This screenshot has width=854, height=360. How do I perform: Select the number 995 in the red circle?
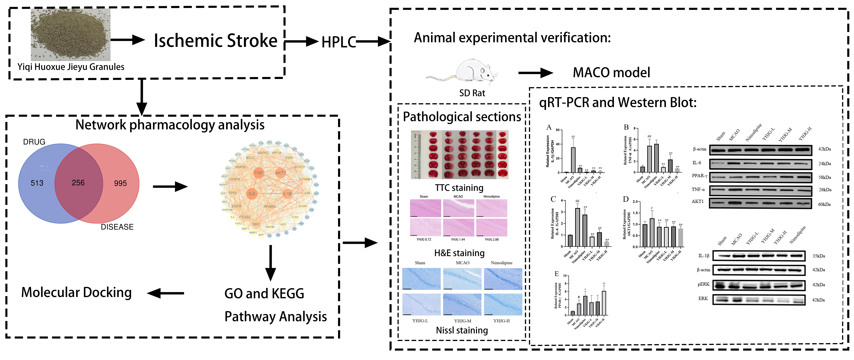[x=120, y=183]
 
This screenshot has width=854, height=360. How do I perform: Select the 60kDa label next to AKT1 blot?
[x=824, y=204]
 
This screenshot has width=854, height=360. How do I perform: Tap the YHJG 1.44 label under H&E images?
[x=458, y=239]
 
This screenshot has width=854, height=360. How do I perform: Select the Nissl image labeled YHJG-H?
[x=503, y=304]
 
